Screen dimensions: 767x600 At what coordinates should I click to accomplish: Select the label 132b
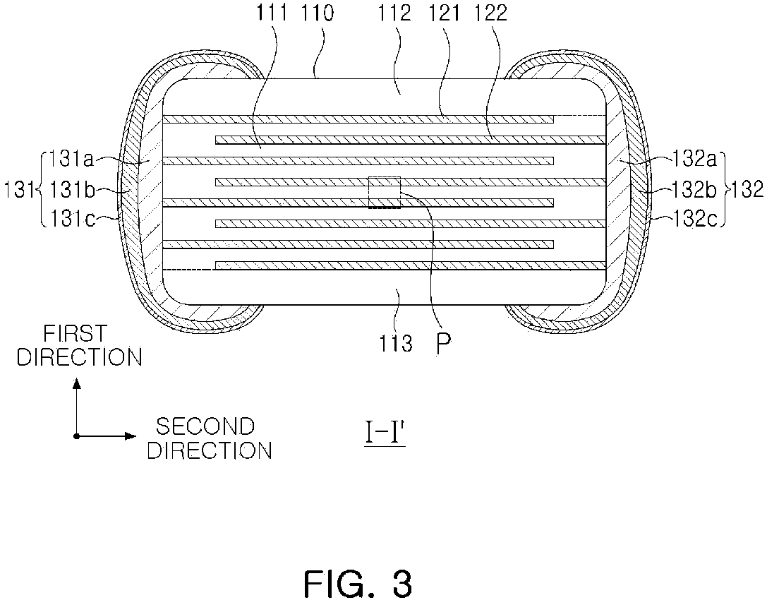tap(693, 189)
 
